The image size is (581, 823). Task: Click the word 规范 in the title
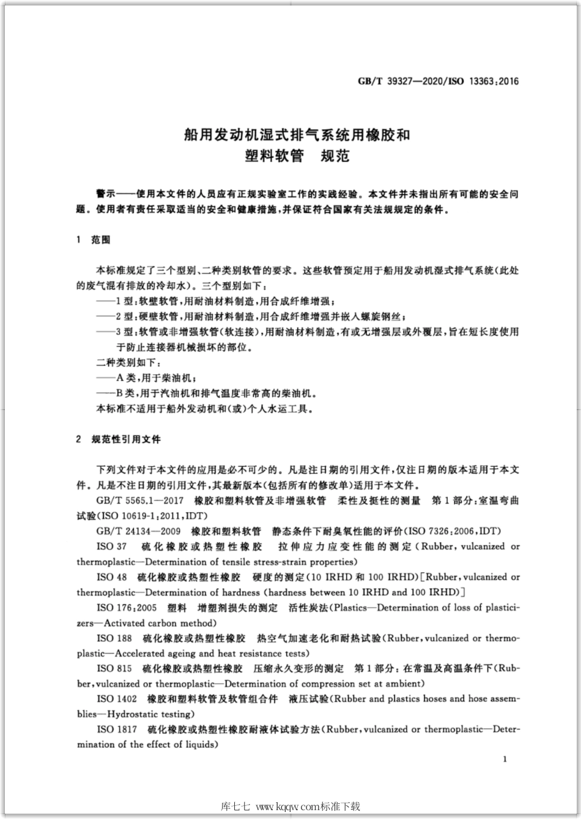[x=335, y=156]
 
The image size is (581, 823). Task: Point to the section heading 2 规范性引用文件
[x=119, y=439]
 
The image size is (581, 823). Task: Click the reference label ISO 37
[x=112, y=546]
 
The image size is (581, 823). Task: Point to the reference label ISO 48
[x=112, y=577]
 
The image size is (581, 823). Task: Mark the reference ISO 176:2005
[x=127, y=608]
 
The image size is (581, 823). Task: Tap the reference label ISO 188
[x=114, y=638]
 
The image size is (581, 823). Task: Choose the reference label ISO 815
[x=114, y=668]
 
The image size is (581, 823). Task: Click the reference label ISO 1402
[x=117, y=699]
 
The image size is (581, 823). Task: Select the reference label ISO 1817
[x=117, y=729]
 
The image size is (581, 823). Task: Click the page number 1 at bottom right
[x=505, y=759]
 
